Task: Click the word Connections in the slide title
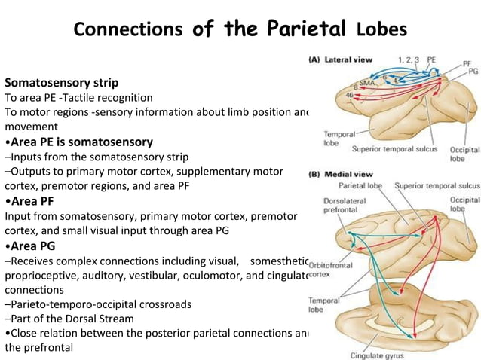[129, 29]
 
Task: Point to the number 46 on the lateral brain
[349, 95]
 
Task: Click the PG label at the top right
[473, 70]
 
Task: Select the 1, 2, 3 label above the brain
[409, 58]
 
